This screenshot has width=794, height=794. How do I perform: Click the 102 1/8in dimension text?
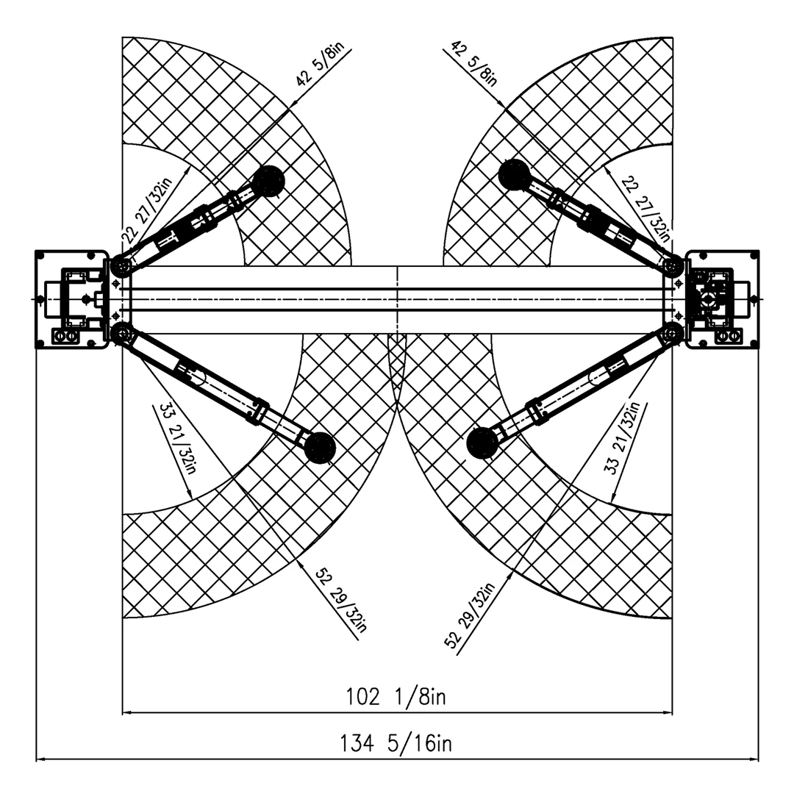pos(396,697)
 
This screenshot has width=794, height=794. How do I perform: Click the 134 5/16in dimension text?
pos(396,743)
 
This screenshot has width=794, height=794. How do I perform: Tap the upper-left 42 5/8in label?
pos(320,64)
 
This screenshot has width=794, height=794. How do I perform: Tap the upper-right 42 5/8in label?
pos(474,63)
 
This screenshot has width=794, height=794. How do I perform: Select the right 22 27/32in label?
pos(645,209)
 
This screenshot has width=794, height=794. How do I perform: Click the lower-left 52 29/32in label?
pos(341,601)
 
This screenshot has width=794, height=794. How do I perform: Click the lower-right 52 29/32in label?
pos(469,616)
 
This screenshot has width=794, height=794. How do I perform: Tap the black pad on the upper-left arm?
pos(268,182)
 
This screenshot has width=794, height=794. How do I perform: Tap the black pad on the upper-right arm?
pos(515,175)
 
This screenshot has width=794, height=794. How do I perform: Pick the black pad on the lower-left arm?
pos(320,448)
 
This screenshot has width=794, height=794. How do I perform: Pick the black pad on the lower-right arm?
pos(482,443)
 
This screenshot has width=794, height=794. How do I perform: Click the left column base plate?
pos(72,299)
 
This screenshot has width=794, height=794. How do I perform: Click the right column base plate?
pos(722,299)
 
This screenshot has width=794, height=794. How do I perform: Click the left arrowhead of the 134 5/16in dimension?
pos(41,759)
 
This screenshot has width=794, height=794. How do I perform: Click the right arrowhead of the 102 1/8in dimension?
pos(667,712)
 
